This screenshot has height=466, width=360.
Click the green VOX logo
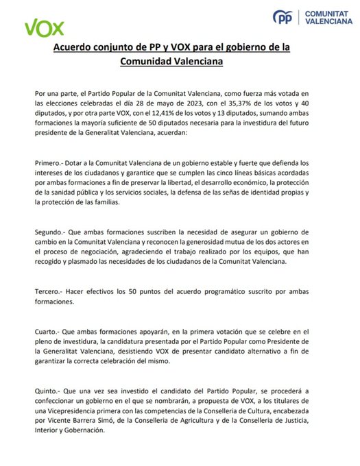(45, 28)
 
